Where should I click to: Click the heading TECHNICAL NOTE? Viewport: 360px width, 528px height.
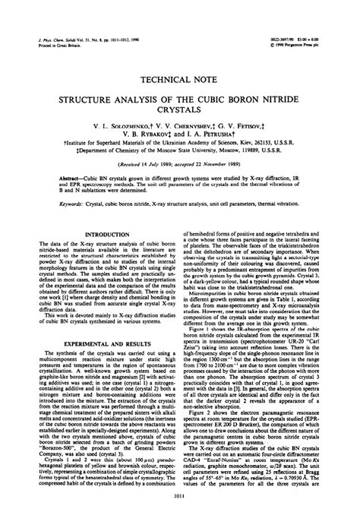179,77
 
